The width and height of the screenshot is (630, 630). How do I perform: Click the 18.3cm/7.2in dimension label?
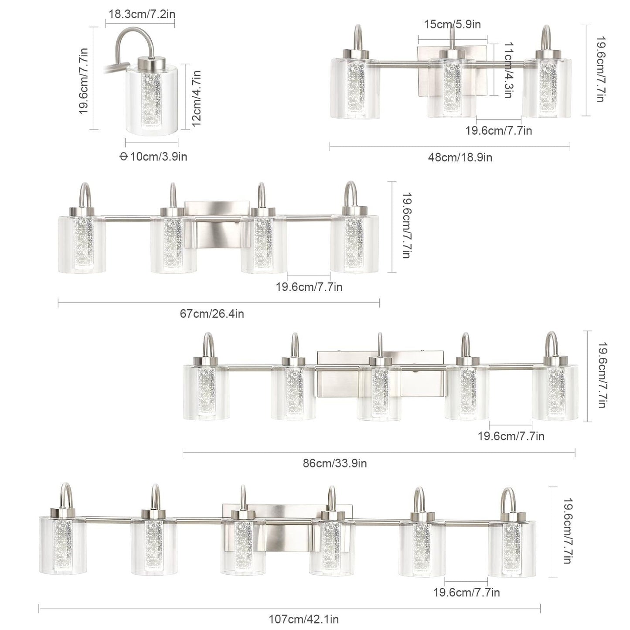click(x=142, y=14)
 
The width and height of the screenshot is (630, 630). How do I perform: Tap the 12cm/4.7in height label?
click(x=197, y=98)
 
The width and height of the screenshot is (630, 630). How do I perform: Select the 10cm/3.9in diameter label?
click(x=153, y=157)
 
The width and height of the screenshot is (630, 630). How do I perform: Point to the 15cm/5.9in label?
click(x=453, y=24)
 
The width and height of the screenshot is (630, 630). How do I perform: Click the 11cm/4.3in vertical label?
click(x=507, y=70)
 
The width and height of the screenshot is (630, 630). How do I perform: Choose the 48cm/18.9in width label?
click(x=460, y=157)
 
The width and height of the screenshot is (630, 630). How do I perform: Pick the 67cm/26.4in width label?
click(x=212, y=313)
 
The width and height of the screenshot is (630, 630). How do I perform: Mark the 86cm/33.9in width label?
click(x=335, y=463)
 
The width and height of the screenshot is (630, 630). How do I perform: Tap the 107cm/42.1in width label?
click(x=303, y=619)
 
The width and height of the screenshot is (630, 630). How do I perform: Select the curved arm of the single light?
click(x=131, y=39)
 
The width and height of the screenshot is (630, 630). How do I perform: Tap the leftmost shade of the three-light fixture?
click(x=355, y=89)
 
